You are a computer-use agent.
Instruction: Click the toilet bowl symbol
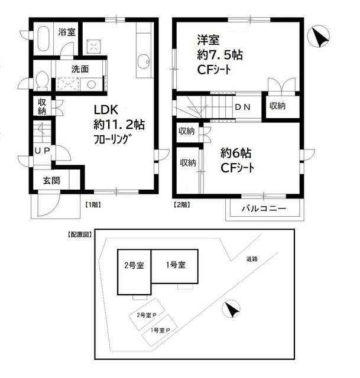pyautogui.click(x=41, y=80)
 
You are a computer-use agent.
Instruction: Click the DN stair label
pyautogui.click(x=242, y=107)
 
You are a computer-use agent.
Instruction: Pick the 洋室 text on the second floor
pyautogui.click(x=208, y=40)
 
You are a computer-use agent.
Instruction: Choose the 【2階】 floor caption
pyautogui.click(x=181, y=204)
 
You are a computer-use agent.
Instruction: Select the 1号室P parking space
pyautogui.click(x=160, y=330)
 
